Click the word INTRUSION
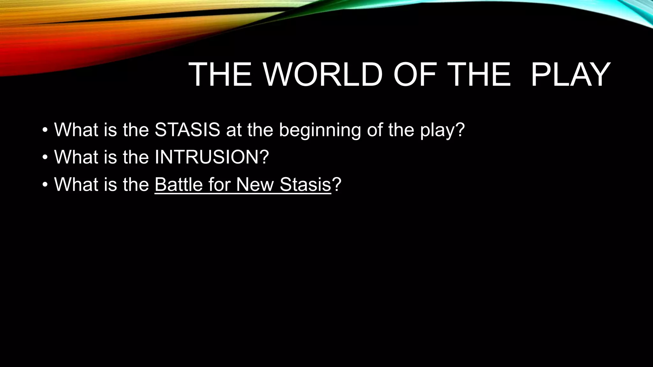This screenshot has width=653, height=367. coord(208,157)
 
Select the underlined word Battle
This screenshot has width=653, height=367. coord(179,184)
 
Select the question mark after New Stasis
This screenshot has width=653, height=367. coord(337,184)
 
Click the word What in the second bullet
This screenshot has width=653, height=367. coord(76,157)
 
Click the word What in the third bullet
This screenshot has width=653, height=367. coord(76,184)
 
